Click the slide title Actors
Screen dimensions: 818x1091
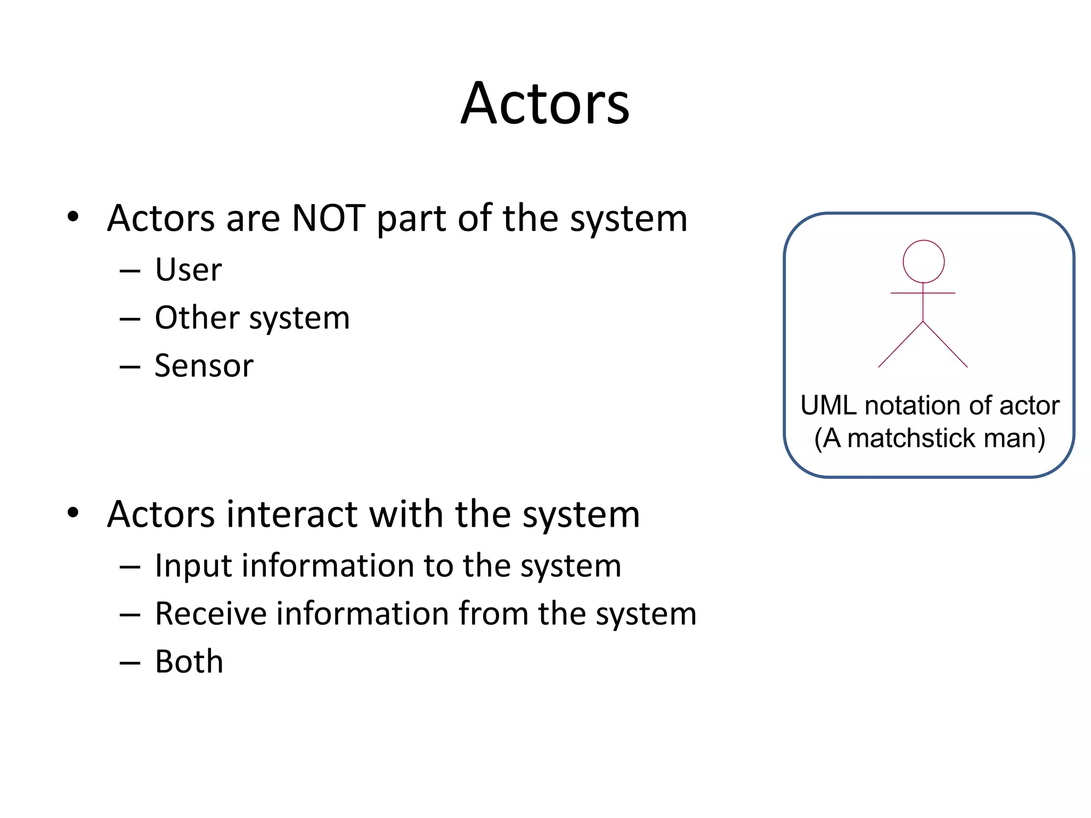545,103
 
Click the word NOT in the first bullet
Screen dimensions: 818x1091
329,218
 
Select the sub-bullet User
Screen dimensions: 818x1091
188,269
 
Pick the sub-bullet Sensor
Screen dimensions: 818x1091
203,366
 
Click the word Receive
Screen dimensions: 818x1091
210,613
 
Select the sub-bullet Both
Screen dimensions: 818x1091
189,662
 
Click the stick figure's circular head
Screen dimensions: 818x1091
923,261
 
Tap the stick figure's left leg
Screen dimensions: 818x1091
900,345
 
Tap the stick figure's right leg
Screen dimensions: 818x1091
946,345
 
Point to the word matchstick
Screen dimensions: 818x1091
911,438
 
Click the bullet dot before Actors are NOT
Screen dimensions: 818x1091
73,217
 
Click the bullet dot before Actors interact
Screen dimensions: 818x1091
73,513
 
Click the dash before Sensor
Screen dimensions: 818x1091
129,367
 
